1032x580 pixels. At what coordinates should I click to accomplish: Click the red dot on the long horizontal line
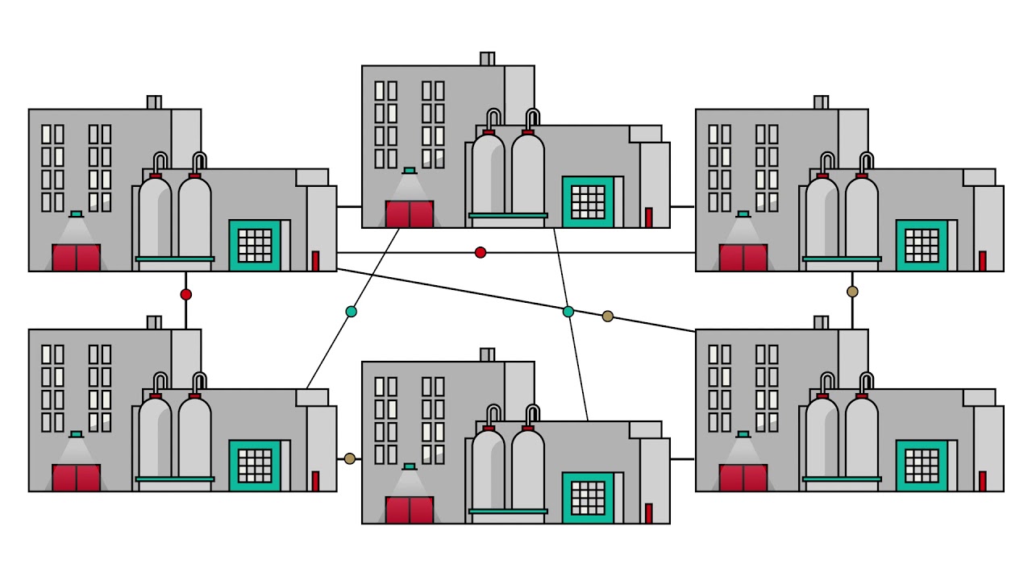pyautogui.click(x=481, y=253)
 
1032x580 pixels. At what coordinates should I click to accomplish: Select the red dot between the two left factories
pyautogui.click(x=186, y=295)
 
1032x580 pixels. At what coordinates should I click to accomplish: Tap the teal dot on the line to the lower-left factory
pyautogui.click(x=351, y=312)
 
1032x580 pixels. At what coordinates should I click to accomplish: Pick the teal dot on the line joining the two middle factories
pyautogui.click(x=568, y=312)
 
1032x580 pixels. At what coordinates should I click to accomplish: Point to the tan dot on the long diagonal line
pyautogui.click(x=608, y=317)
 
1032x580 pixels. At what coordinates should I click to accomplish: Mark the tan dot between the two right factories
pyautogui.click(x=852, y=292)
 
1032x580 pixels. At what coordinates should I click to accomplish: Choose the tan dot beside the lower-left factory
pyautogui.click(x=350, y=459)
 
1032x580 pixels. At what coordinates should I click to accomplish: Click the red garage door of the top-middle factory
pyautogui.click(x=410, y=214)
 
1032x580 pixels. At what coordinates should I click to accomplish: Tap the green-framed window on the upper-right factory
pyautogui.click(x=922, y=246)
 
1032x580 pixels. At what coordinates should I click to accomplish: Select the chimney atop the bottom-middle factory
pyautogui.click(x=487, y=354)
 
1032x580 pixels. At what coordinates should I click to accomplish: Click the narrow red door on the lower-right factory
pyautogui.click(x=982, y=481)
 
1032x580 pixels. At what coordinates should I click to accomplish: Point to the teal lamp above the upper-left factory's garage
pyautogui.click(x=77, y=214)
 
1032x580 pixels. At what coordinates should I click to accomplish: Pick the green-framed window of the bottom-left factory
pyautogui.click(x=255, y=466)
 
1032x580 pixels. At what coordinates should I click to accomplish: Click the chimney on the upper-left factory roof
pyautogui.click(x=154, y=102)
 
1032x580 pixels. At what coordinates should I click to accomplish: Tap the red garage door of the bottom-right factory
pyautogui.click(x=743, y=478)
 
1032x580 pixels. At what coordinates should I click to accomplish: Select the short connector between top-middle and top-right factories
pyautogui.click(x=682, y=206)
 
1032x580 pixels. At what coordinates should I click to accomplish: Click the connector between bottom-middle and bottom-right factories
pyautogui.click(x=682, y=459)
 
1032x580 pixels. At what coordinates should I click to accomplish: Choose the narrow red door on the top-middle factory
pyautogui.click(x=648, y=217)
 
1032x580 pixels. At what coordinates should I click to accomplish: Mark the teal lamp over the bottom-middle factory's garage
pyautogui.click(x=410, y=466)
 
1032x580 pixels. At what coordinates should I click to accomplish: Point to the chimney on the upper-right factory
pyautogui.click(x=821, y=102)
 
